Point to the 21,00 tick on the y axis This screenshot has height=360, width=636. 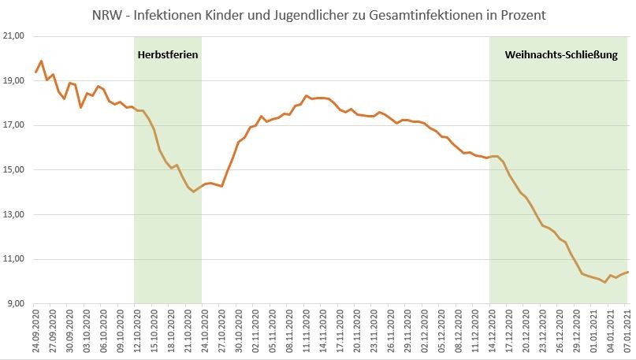coord(16,36)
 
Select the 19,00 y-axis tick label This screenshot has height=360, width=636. coord(16,81)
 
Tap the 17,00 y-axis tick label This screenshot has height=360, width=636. coord(16,125)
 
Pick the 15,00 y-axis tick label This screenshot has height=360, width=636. coord(16,170)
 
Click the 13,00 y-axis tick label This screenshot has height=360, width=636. coord(16,215)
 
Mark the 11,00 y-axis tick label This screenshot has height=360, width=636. coord(16,259)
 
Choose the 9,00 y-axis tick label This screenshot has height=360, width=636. coord(17,304)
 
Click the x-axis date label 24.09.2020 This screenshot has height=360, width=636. coord(36,331)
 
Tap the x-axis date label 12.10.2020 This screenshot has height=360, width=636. coord(134,331)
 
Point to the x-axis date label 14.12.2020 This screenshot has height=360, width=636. coord(490,331)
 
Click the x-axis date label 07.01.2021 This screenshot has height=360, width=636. coord(628,331)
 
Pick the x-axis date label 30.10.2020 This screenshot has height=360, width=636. coord(237,331)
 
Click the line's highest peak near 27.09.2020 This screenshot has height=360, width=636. coord(41,61)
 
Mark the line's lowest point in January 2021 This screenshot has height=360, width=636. coord(604,282)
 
